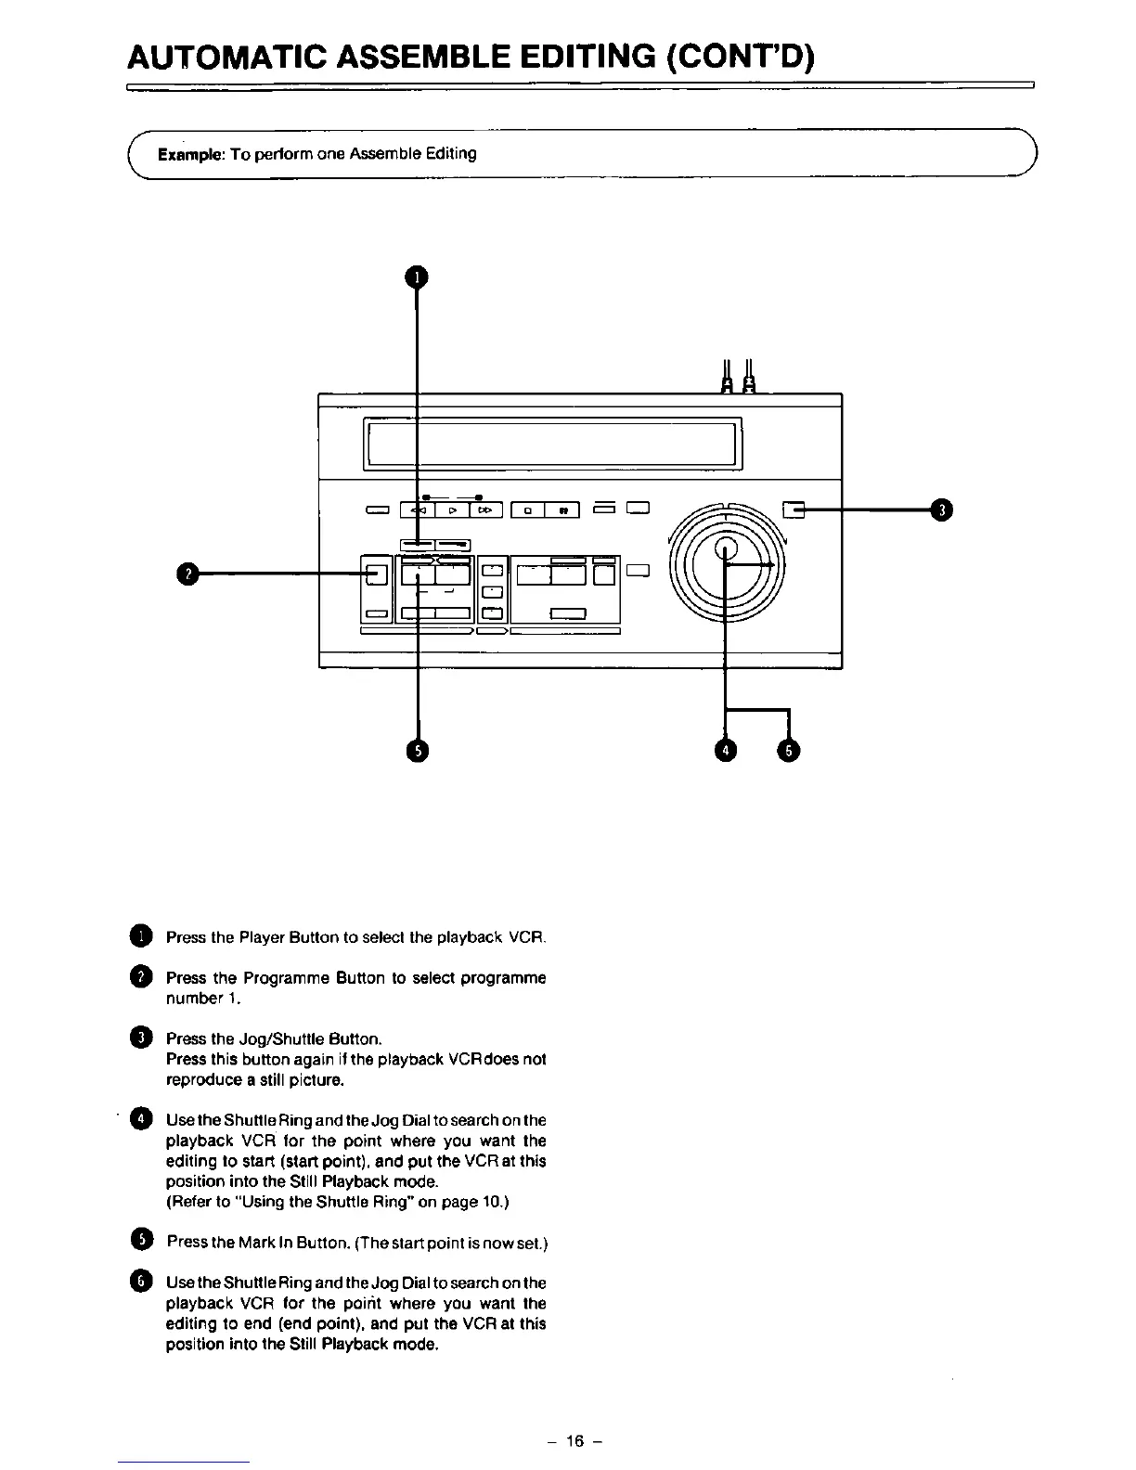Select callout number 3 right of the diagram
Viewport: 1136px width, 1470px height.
click(942, 509)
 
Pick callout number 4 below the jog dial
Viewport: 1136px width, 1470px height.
click(726, 750)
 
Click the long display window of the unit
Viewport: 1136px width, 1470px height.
click(552, 444)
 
